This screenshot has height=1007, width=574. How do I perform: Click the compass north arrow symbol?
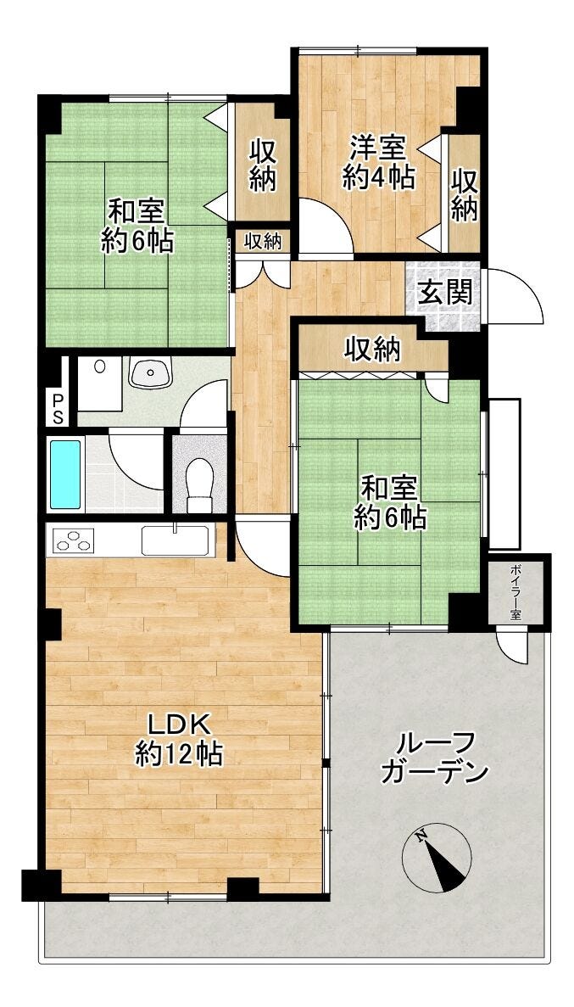pos(437,857)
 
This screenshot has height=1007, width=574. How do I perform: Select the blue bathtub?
pos(65,474)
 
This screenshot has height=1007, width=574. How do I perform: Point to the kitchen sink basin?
pos(175,540)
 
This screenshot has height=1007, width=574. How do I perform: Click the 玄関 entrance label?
pos(446,293)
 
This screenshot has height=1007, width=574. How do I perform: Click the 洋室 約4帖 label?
pos(377,162)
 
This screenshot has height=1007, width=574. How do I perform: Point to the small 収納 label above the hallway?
pos(263,242)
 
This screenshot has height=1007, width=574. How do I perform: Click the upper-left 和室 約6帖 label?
pos(137,225)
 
